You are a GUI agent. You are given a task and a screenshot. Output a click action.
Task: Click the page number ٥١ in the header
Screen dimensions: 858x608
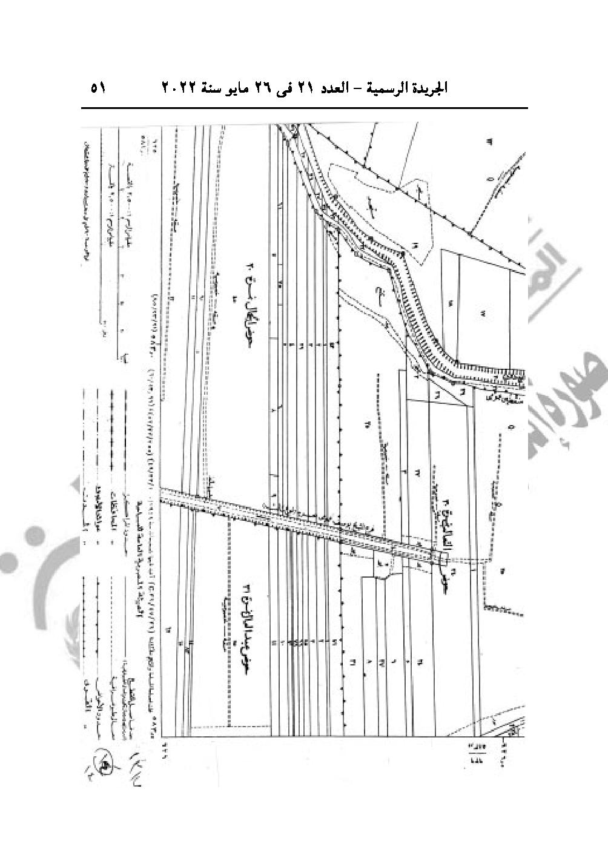point(98,88)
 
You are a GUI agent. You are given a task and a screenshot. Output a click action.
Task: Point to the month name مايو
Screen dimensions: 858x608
point(235,88)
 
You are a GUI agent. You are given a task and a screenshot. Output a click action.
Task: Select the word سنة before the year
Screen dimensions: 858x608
point(208,88)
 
